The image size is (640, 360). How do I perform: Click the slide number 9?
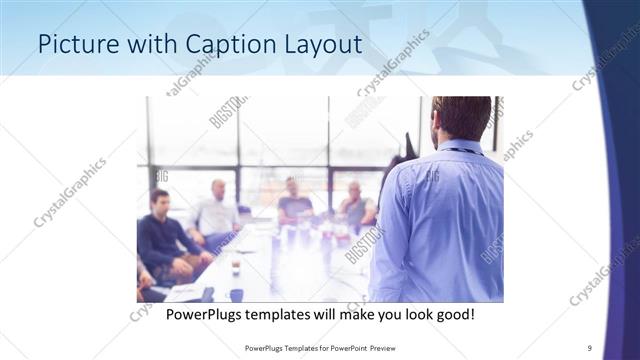tap(589, 347)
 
